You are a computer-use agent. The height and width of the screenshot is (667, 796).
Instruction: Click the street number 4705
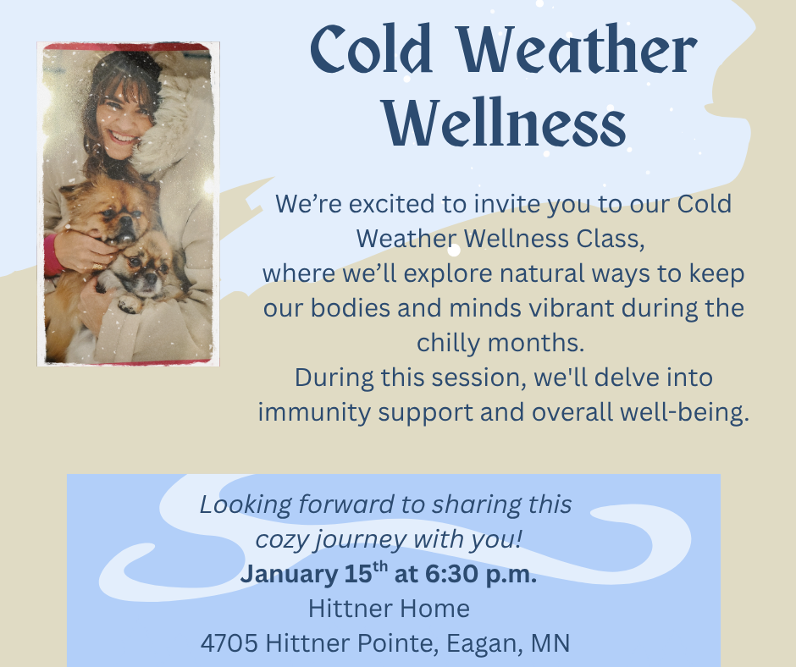tap(229, 643)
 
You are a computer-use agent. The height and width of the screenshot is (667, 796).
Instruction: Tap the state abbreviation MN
tap(550, 643)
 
